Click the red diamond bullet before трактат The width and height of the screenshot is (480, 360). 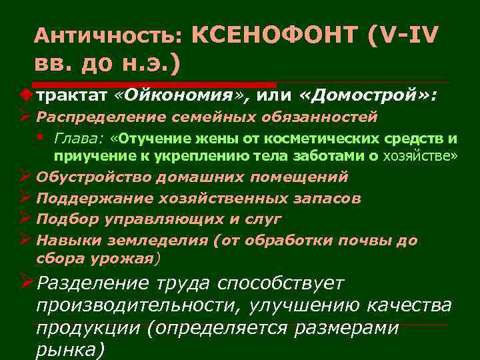pos(27,95)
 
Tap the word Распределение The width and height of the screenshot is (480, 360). pos(89,117)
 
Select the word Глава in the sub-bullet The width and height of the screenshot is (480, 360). pos(77,139)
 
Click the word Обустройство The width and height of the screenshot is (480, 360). pos(93,177)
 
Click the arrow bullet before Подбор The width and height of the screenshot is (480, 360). pos(25,219)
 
